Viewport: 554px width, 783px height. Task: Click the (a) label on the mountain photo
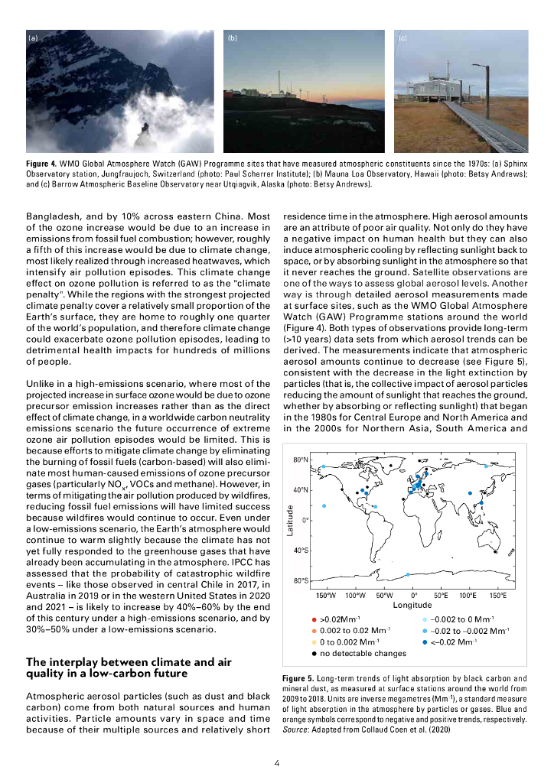point(32,37)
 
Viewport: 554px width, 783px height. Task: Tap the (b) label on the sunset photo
point(233,37)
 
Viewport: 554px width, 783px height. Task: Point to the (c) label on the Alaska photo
point(403,37)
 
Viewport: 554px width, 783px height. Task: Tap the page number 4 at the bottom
point(276,762)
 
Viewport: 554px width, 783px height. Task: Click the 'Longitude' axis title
point(412,604)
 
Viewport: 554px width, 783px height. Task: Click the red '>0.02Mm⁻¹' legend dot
point(314,619)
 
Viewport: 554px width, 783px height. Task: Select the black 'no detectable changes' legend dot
point(314,653)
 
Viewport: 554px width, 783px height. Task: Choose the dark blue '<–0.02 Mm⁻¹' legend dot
point(426,642)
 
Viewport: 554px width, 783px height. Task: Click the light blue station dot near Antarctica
point(408,574)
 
